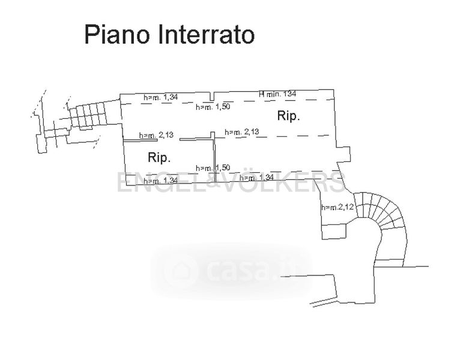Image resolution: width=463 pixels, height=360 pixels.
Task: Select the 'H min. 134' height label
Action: (x=277, y=94)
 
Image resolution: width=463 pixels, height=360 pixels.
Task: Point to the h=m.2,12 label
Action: (x=337, y=208)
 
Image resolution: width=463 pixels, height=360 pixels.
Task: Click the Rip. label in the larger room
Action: (x=288, y=116)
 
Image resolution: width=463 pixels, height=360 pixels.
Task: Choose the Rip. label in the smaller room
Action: (x=159, y=158)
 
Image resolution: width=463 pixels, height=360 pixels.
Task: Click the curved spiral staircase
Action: (x=384, y=222)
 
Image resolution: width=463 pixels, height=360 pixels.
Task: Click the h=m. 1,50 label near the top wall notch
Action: (x=213, y=107)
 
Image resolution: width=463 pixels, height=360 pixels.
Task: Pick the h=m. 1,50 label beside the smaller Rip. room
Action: (x=213, y=167)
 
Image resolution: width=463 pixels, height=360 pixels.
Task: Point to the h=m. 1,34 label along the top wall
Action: (x=160, y=97)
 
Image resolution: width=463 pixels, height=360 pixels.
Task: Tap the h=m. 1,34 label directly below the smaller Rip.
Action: (x=160, y=180)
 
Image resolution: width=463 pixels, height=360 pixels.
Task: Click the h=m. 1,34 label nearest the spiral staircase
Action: (x=256, y=178)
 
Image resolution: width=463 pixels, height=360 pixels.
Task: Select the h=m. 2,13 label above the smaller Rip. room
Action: (x=156, y=135)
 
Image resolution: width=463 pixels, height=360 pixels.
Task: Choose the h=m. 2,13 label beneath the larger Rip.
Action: (x=241, y=132)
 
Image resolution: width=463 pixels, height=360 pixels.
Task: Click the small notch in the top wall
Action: (x=213, y=97)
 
